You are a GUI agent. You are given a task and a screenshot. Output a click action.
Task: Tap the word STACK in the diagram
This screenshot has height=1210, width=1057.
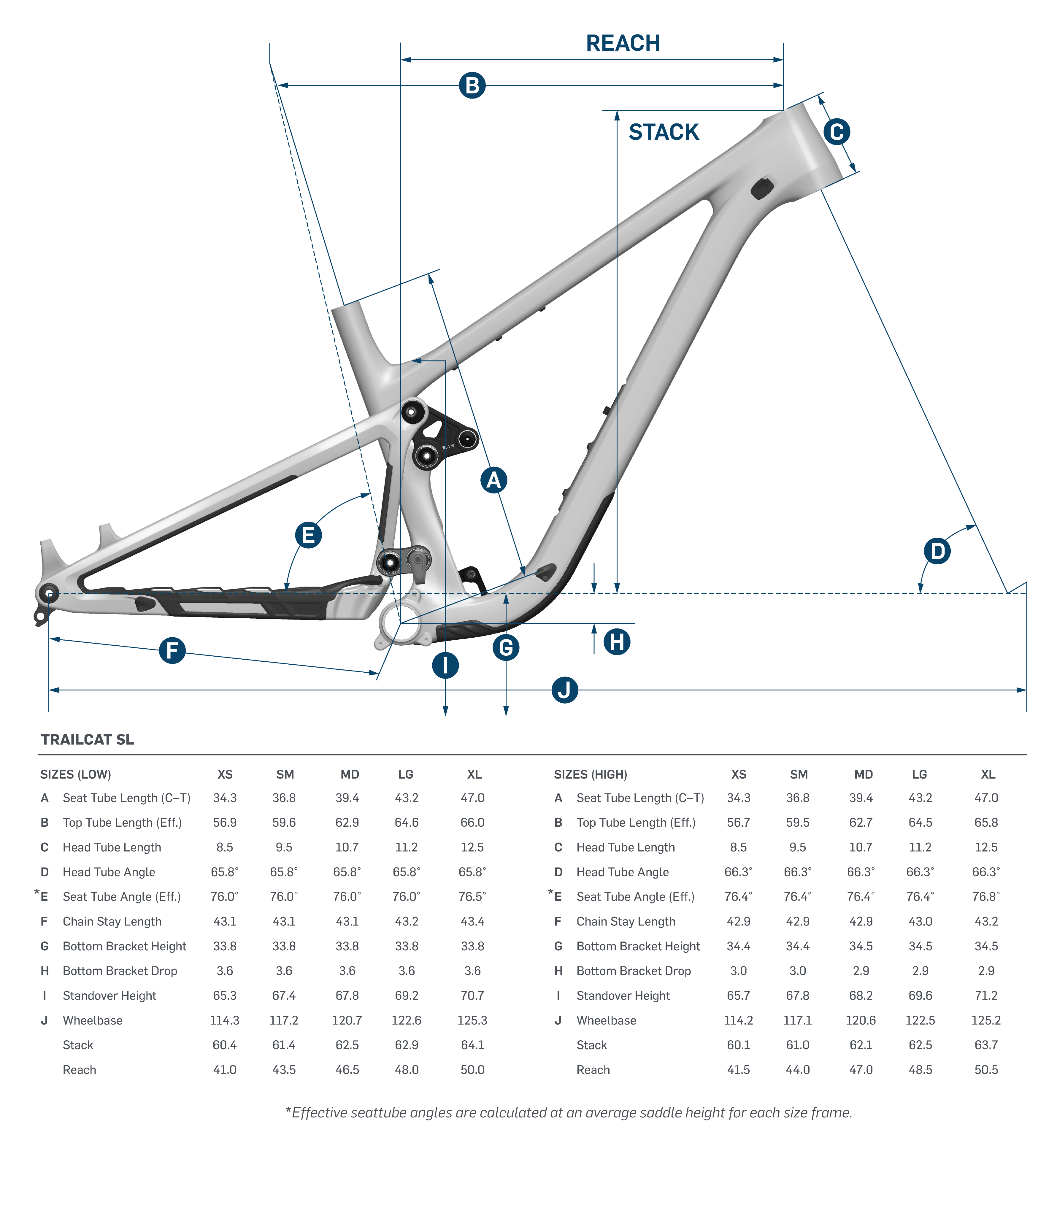(664, 132)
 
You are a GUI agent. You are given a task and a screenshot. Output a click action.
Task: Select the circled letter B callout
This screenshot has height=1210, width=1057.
(472, 85)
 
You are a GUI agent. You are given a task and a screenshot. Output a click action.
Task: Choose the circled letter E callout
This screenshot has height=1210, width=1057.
(308, 535)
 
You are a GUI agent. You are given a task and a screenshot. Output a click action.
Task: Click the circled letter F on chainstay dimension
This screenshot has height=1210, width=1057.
(172, 650)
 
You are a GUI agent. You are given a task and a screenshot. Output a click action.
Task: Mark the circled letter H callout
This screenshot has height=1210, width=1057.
(617, 641)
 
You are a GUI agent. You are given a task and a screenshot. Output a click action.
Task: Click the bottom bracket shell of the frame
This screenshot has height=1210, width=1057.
(401, 623)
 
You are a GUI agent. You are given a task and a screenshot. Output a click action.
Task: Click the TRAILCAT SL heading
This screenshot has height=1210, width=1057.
(87, 739)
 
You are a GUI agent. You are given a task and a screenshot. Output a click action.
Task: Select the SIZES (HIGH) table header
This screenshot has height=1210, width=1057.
(591, 774)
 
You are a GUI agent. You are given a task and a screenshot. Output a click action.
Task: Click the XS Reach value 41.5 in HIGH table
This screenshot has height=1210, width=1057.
(739, 1070)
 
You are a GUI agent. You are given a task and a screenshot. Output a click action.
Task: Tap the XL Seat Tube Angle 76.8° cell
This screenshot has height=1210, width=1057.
(986, 896)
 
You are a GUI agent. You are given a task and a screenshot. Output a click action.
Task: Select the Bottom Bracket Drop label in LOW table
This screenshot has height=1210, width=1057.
(120, 971)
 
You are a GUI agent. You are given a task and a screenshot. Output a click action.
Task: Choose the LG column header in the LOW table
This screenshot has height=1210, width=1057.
(406, 774)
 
